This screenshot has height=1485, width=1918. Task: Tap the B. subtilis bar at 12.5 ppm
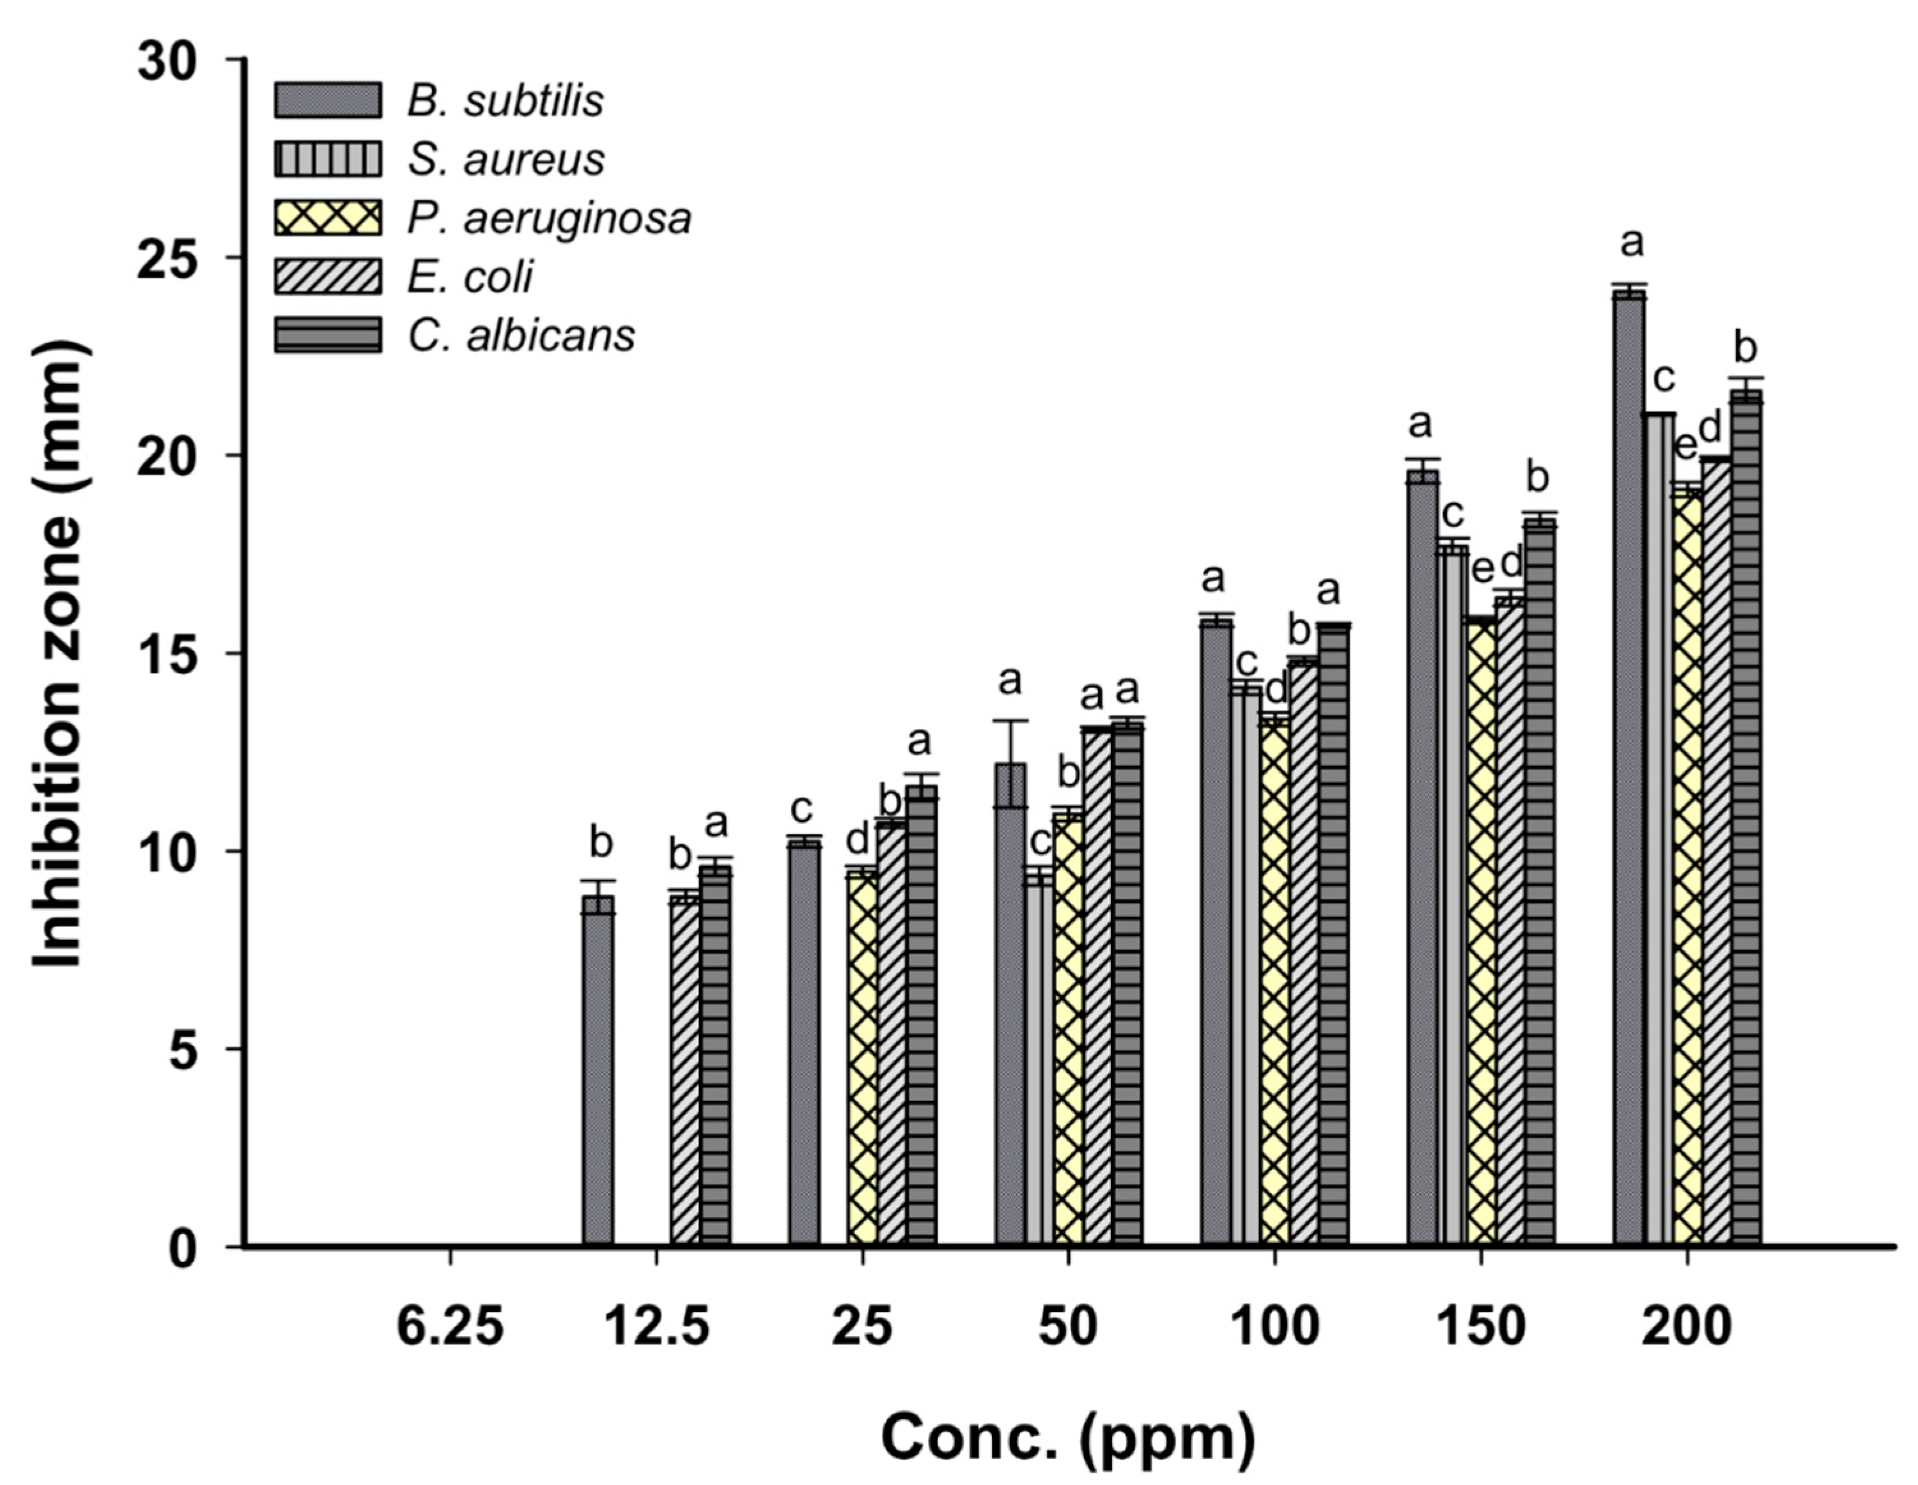point(599,1072)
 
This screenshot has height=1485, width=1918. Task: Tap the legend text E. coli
point(470,277)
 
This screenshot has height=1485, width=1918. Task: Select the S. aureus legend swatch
point(328,159)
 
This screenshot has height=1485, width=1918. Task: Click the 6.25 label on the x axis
point(450,1327)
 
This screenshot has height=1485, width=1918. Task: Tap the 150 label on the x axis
point(1481,1327)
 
